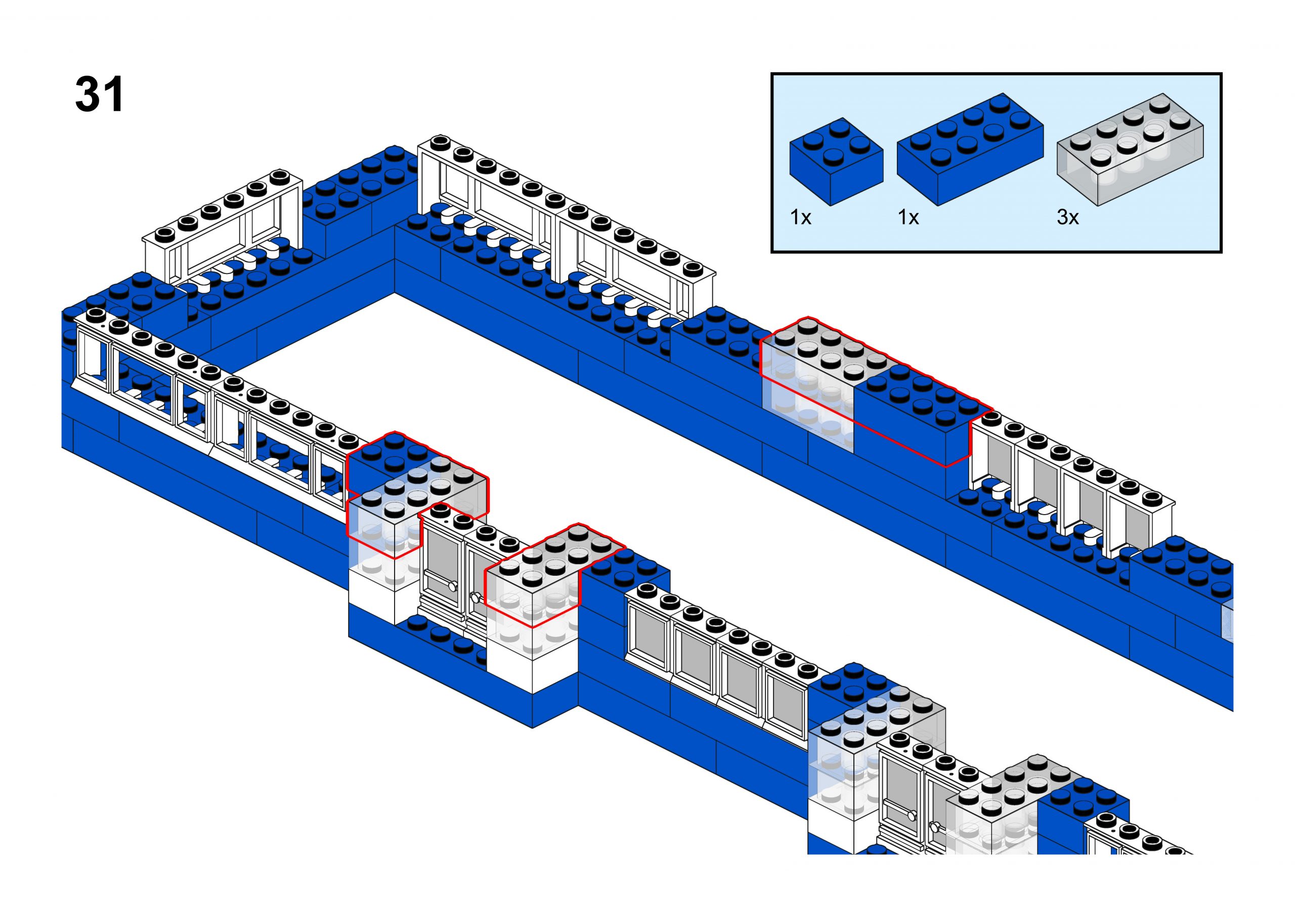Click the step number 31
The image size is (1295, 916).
[x=99, y=95]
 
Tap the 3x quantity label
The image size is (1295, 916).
[x=1067, y=217]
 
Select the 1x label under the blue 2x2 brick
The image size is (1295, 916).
[x=800, y=217]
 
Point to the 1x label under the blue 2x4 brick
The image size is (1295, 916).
[x=908, y=217]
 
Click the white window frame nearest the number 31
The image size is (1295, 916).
[x=220, y=225]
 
